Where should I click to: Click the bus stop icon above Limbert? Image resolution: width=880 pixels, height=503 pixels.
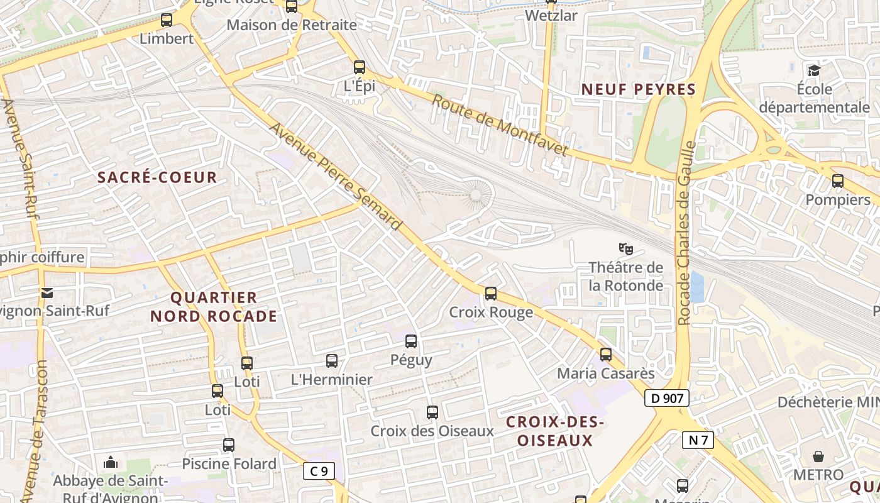(x=167, y=20)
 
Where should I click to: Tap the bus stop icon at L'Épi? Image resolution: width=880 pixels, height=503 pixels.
(x=360, y=67)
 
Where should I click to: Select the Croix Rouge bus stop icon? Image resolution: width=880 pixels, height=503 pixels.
(x=491, y=294)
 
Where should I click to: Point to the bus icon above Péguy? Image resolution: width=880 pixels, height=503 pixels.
(x=411, y=341)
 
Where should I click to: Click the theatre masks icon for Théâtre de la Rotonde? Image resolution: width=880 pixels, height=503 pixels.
(x=625, y=249)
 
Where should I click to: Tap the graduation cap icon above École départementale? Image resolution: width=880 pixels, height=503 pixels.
(x=814, y=70)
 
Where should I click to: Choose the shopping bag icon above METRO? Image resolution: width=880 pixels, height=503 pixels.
(x=818, y=456)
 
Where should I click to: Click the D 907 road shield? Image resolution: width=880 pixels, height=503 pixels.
(x=666, y=398)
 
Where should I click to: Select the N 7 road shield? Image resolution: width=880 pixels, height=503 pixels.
(x=698, y=440)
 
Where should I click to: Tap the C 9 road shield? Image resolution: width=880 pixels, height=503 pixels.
(x=319, y=471)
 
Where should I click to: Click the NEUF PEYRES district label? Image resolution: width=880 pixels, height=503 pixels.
(x=639, y=89)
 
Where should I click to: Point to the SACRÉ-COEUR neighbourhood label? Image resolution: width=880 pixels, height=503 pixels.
(x=157, y=177)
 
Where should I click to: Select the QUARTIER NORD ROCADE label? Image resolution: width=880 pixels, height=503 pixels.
(x=214, y=307)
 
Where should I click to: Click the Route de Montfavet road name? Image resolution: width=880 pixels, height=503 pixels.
(x=500, y=125)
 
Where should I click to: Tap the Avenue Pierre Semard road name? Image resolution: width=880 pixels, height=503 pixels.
(x=336, y=175)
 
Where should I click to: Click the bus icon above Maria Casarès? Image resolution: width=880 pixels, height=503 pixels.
(x=606, y=355)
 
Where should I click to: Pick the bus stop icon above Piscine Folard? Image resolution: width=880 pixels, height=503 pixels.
(x=229, y=445)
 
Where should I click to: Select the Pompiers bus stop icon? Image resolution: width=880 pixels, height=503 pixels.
(x=838, y=182)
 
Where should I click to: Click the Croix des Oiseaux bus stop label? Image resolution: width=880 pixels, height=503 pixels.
(x=432, y=431)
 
